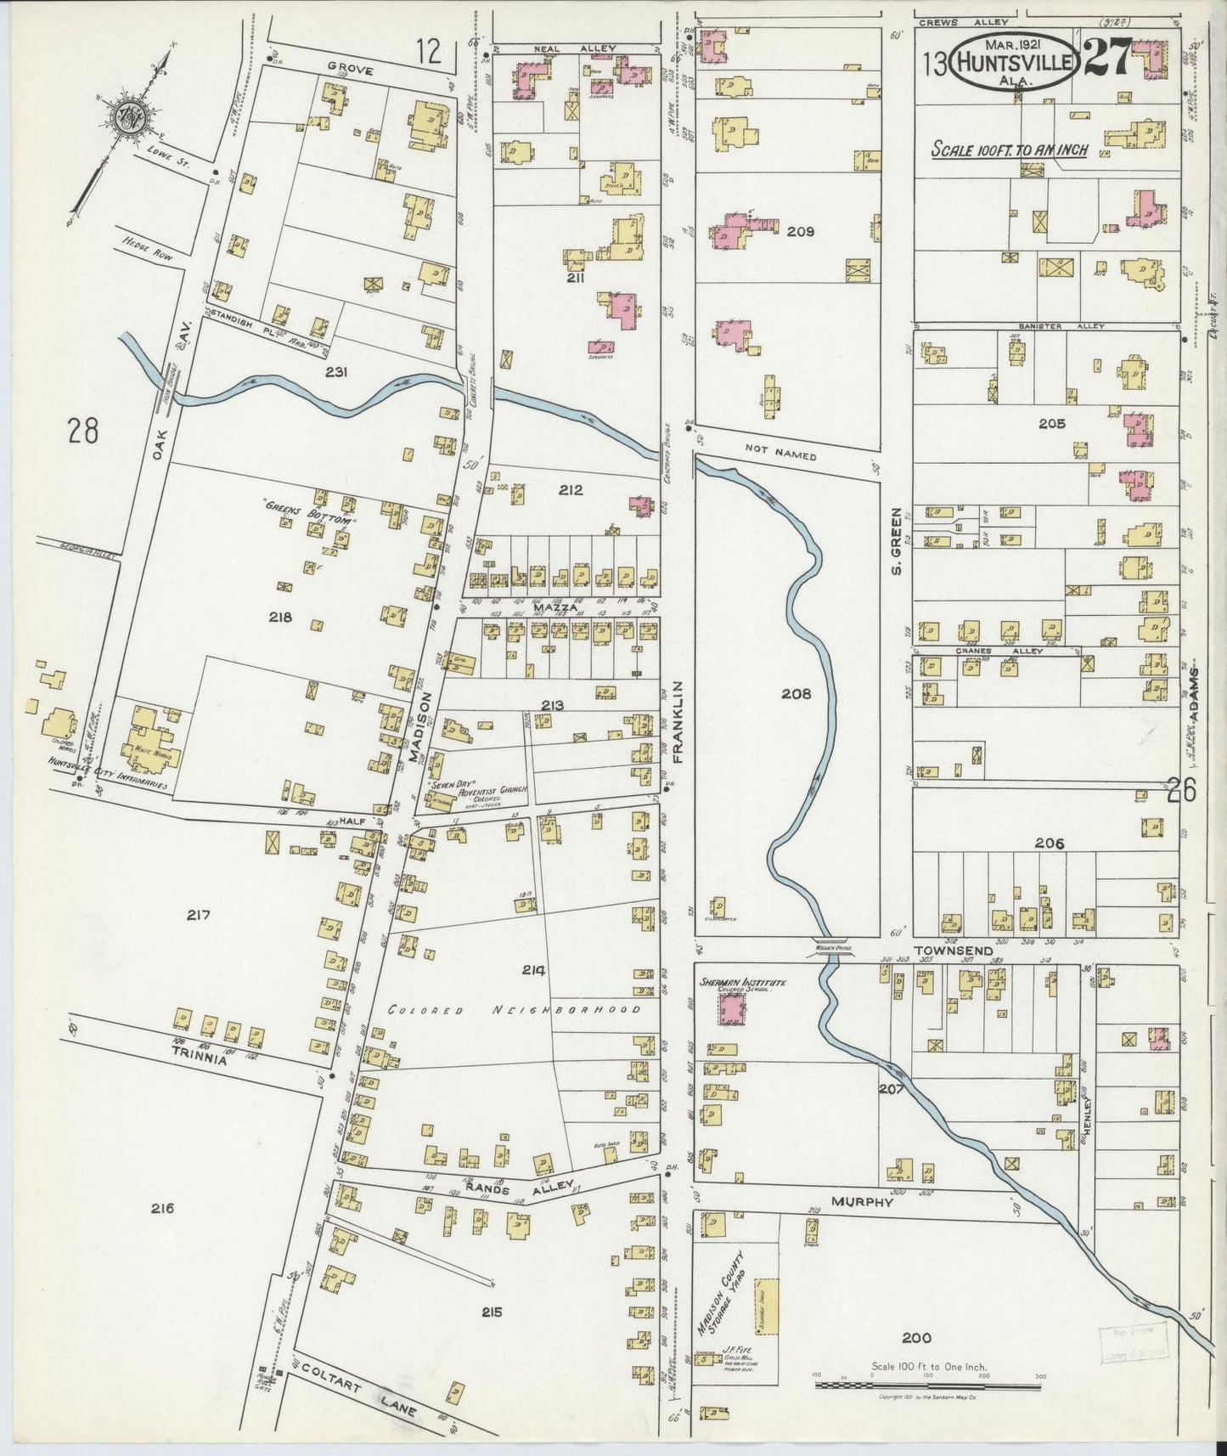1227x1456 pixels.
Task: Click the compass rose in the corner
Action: point(132,116)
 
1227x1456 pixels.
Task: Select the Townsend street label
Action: point(953,951)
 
